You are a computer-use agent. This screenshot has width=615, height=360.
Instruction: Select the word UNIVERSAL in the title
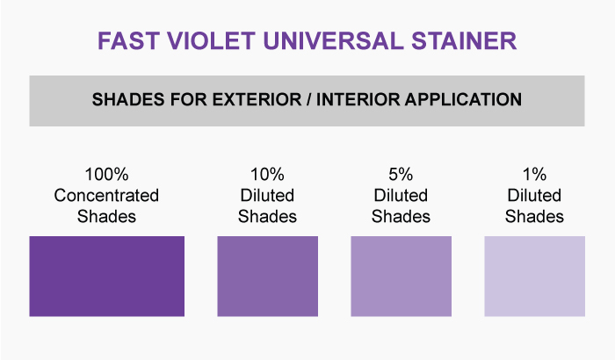(x=333, y=40)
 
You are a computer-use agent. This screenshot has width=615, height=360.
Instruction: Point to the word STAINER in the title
(x=464, y=40)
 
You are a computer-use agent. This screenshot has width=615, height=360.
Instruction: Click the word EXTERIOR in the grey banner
(x=257, y=99)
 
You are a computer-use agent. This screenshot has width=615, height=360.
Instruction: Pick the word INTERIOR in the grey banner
(x=358, y=99)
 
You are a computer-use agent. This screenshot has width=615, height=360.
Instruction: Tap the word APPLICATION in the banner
(x=463, y=99)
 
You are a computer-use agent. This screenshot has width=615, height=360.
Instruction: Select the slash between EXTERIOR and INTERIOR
(x=309, y=99)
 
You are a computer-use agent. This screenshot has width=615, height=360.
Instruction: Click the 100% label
(x=106, y=175)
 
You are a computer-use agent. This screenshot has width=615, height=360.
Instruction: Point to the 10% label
(x=267, y=175)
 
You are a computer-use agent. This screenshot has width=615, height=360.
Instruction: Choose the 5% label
(x=401, y=175)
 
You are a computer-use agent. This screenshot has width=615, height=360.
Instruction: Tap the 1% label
(x=534, y=175)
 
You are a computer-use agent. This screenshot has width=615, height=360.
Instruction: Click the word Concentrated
(x=106, y=195)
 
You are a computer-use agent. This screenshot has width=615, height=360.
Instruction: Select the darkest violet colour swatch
(x=106, y=276)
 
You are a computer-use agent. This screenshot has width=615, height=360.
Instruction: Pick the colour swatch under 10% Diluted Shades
(x=267, y=276)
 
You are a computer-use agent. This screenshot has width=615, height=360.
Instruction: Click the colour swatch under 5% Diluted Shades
(x=401, y=276)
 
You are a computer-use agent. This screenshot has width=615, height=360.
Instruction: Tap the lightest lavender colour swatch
(x=534, y=276)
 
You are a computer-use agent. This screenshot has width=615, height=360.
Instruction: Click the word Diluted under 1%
(x=534, y=195)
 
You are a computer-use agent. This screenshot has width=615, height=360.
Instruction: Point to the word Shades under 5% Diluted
(x=401, y=217)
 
